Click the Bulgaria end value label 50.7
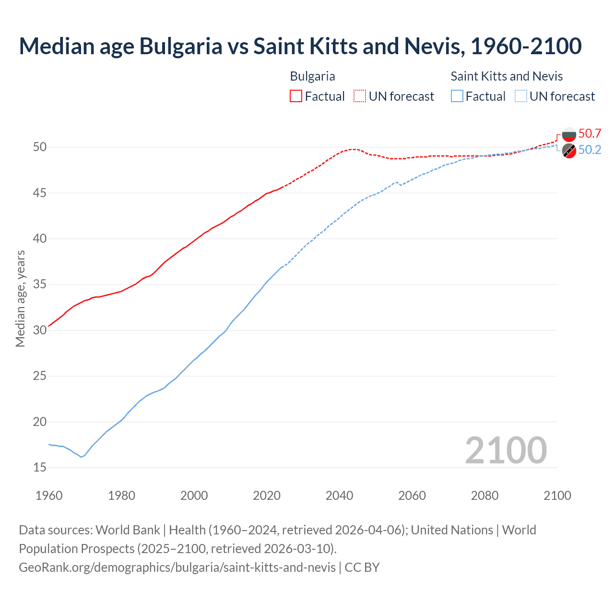pos(590,133)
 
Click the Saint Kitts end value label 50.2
pos(590,150)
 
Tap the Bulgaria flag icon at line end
pos(569,134)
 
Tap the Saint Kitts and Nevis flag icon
pos(569,151)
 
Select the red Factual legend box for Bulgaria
pos(296,96)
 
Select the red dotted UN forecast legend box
pos(360,96)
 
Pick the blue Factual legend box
pos(457,96)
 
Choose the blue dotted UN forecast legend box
pos(521,96)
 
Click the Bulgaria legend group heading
pos(312,76)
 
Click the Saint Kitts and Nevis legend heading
pos(507,76)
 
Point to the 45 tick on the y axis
pos(40,193)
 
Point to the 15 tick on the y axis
pos(40,467)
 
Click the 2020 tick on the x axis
pos(267,496)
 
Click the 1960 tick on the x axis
pos(49,496)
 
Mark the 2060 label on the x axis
pos(412,496)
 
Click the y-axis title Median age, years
pos(20,298)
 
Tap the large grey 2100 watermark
pos(506,450)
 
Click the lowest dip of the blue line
pos(81,457)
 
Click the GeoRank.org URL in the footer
pos(177,567)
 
